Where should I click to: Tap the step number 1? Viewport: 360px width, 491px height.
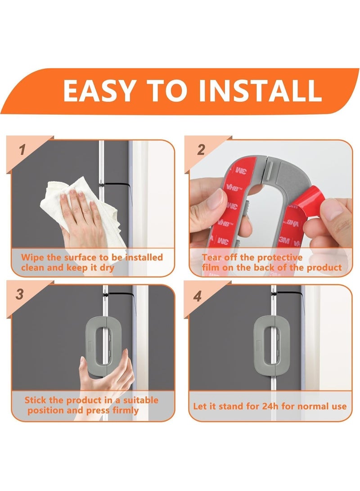coord(22,150)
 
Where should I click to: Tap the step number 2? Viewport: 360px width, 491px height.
coord(201,150)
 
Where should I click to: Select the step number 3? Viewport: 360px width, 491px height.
coord(19,295)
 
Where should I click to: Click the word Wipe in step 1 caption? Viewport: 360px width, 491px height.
coord(33,258)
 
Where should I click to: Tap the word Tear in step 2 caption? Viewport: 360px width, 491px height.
coord(212,258)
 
